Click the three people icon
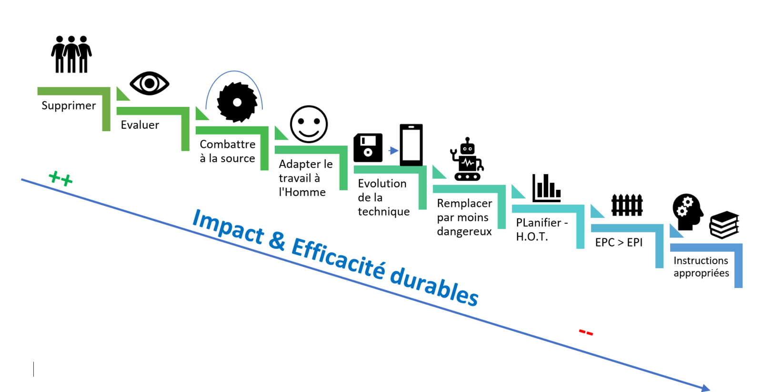(71, 54)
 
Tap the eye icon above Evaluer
(150, 83)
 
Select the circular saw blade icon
(237, 102)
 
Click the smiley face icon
(309, 124)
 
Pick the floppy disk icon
(368, 148)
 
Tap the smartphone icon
(411, 145)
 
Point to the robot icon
(467, 159)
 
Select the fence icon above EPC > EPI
(627, 205)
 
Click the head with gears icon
(688, 212)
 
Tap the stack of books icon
(724, 225)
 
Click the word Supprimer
(69, 105)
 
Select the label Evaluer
(140, 124)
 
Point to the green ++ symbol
(60, 178)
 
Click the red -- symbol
(586, 332)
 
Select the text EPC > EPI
(619, 242)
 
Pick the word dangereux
(464, 232)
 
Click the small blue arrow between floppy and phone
(393, 150)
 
